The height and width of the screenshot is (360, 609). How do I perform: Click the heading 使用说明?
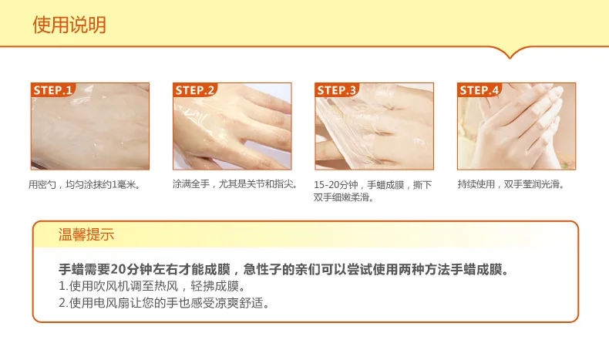(x=69, y=25)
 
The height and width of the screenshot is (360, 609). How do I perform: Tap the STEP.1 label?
(x=52, y=90)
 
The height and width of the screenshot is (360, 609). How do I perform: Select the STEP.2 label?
(x=194, y=90)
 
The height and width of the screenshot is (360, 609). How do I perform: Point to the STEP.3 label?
(x=336, y=90)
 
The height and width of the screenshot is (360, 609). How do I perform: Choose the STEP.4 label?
(x=479, y=90)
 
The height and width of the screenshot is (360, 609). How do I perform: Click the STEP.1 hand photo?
(x=90, y=126)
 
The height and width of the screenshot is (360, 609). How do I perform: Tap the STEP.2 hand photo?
(x=232, y=126)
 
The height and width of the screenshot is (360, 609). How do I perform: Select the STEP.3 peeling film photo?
(x=374, y=126)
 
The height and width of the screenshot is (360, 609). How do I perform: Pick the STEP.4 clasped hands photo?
(x=516, y=126)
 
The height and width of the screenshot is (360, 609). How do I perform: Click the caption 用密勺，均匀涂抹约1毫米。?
(x=84, y=184)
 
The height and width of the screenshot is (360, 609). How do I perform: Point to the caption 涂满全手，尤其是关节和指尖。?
(x=235, y=183)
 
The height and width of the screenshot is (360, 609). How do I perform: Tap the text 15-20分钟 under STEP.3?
(x=336, y=185)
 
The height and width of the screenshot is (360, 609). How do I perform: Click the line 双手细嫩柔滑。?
(x=344, y=197)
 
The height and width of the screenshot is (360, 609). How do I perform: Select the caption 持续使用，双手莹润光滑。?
(x=511, y=184)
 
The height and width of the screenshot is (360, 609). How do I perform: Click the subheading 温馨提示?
(x=86, y=234)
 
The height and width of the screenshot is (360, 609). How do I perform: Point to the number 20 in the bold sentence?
(x=117, y=269)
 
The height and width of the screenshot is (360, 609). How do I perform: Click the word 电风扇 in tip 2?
(x=106, y=303)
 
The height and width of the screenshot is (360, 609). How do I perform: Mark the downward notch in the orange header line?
(x=510, y=57)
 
